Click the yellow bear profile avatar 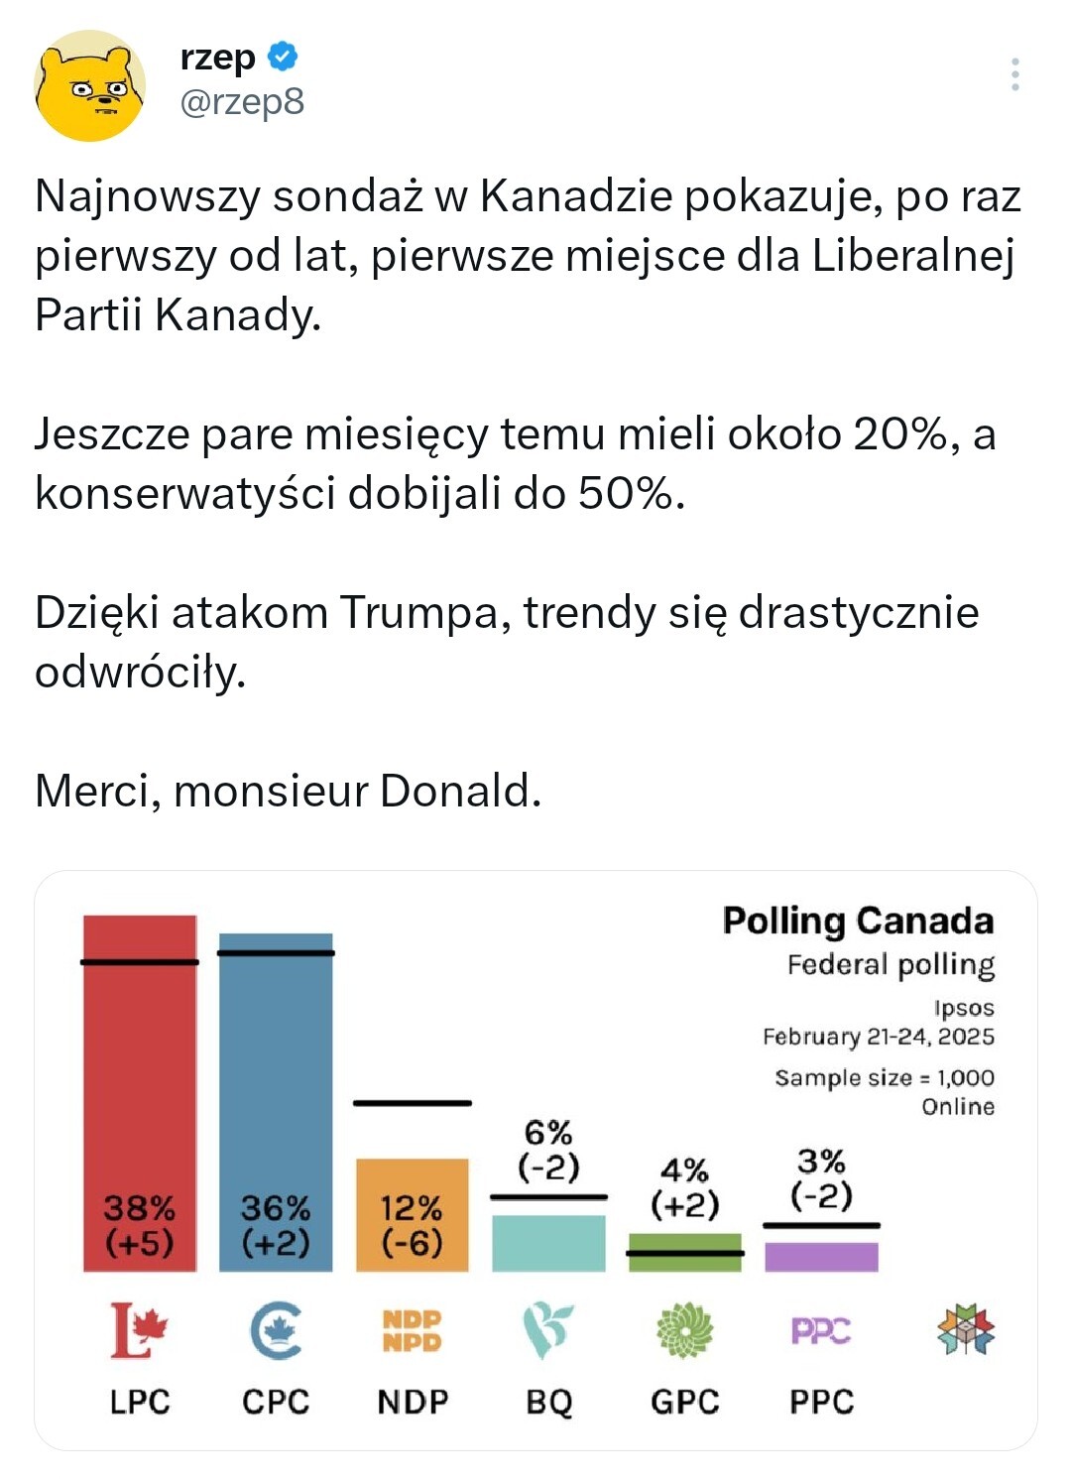pos(89,85)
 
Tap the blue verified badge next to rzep pos(283,57)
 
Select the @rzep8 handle pos(242,102)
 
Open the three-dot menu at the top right pos(1014,74)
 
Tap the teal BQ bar pos(548,1243)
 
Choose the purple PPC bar pos(821,1256)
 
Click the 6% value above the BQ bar pos(548,1133)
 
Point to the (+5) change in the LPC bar pos(140,1243)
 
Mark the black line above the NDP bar pos(412,1102)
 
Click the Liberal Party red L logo pos(138,1330)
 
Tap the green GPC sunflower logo pos(684,1330)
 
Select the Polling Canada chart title pos(858,921)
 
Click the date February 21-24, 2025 pos(878,1037)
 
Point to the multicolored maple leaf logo pos(965,1330)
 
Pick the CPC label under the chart pos(276,1402)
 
